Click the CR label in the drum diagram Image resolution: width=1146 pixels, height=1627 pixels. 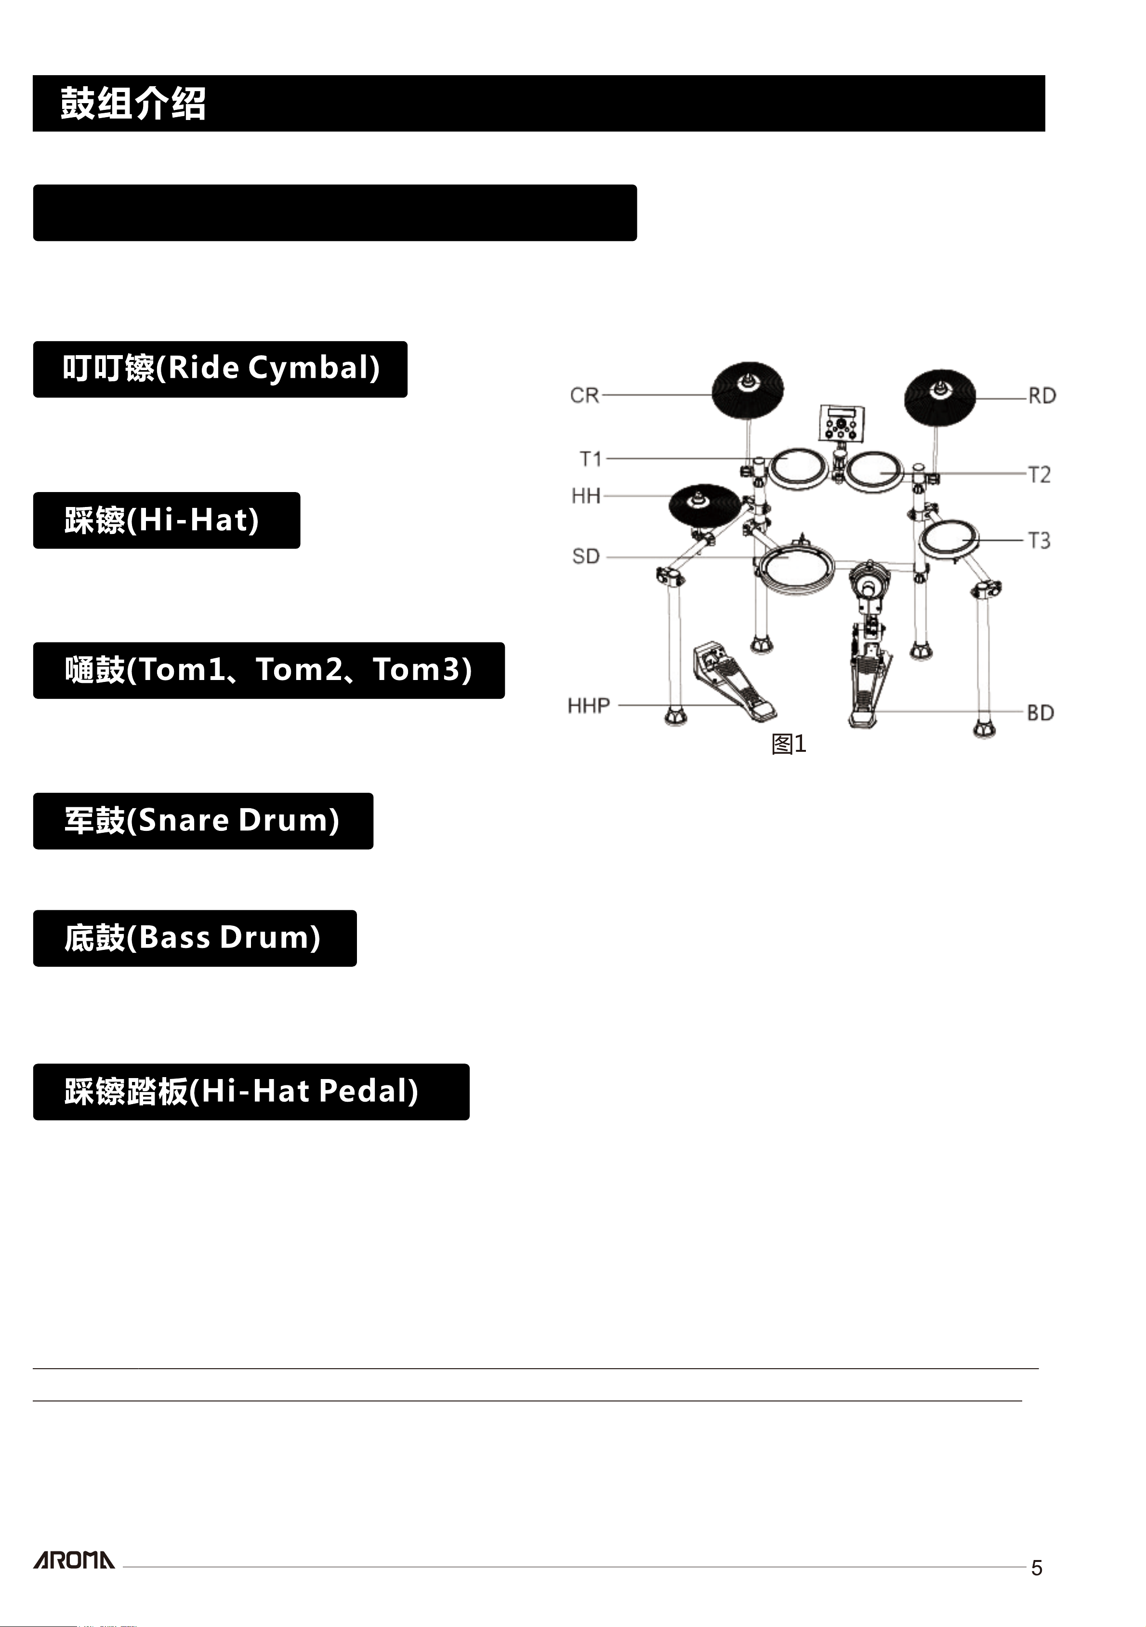[x=584, y=395]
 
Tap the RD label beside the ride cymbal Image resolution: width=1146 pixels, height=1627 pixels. [x=1042, y=395]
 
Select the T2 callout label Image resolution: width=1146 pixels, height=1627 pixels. [x=1039, y=474]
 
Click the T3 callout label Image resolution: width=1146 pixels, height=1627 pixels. [x=1039, y=541]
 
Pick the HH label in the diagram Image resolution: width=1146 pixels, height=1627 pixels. [x=586, y=495]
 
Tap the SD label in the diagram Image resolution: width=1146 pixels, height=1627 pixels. [x=586, y=556]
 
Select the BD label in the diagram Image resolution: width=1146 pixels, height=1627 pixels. [x=1041, y=712]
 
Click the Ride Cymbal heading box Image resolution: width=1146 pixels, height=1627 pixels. [x=220, y=369]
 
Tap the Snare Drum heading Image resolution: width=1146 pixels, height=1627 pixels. [x=203, y=821]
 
